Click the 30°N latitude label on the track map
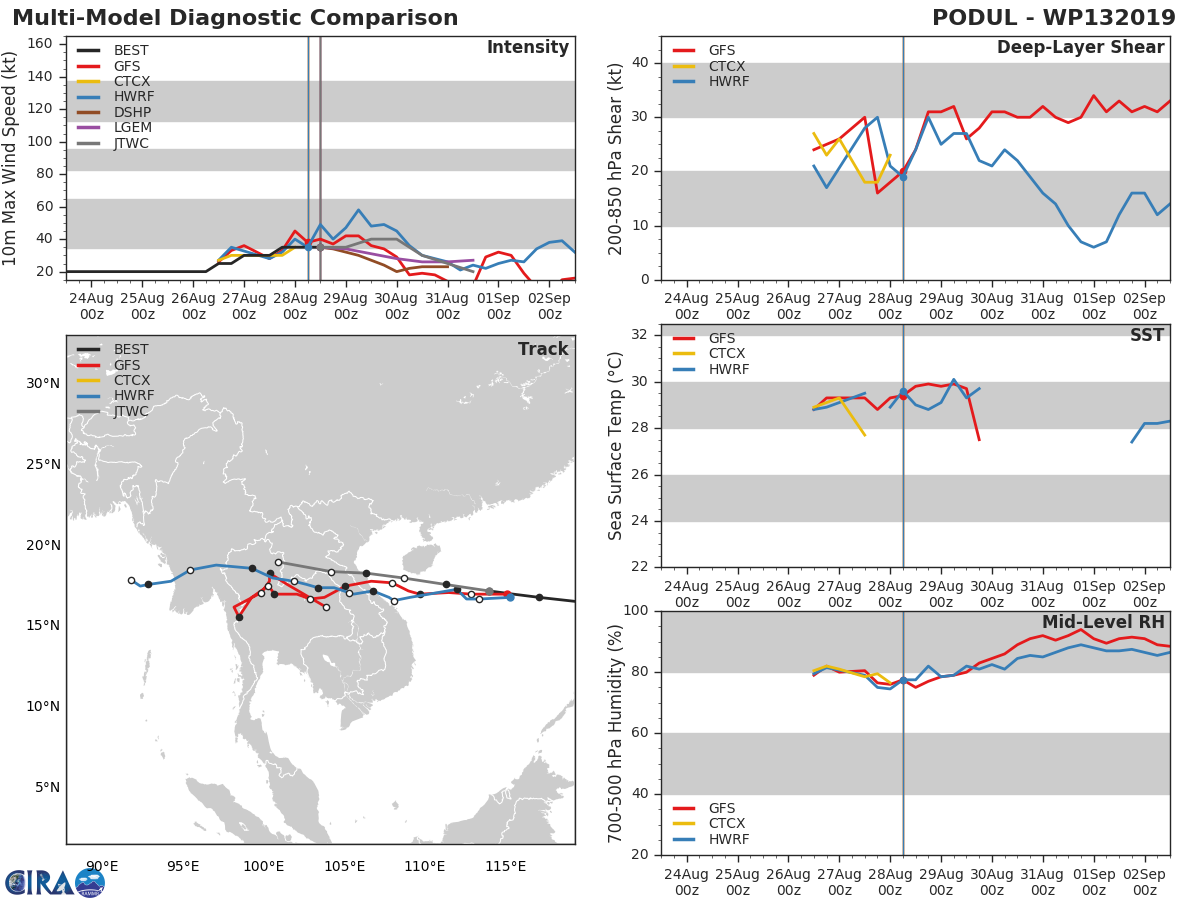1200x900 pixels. tap(43, 384)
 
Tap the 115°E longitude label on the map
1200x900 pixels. tap(505, 866)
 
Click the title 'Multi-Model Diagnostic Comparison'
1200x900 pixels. tap(235, 18)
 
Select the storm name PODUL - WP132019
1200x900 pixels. tap(1053, 18)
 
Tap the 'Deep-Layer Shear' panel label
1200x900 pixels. tap(1080, 48)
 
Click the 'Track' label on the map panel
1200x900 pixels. tap(543, 349)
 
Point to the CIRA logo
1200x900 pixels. tap(55, 882)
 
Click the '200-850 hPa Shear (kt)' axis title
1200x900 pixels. tap(616, 159)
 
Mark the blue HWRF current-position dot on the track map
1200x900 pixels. tap(510, 598)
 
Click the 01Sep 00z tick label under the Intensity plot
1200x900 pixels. tap(499, 307)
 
